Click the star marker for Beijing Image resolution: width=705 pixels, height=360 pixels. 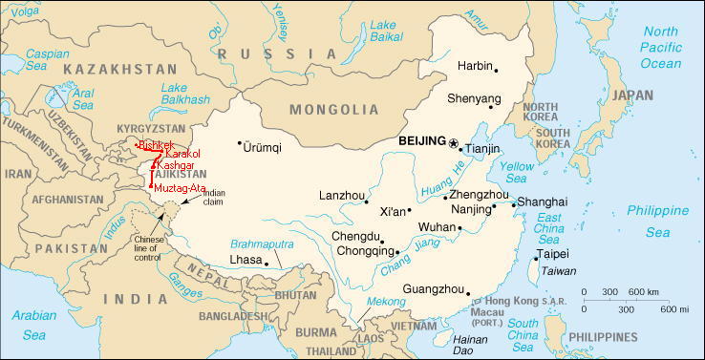(453, 142)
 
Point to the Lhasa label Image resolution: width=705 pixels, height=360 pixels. (246, 259)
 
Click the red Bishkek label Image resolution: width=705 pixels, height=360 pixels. (156, 145)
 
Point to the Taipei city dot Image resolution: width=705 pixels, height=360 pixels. (534, 257)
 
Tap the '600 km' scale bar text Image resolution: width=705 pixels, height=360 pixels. (641, 291)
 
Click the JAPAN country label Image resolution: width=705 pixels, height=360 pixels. (631, 95)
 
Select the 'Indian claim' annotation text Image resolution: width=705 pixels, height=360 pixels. (215, 197)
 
